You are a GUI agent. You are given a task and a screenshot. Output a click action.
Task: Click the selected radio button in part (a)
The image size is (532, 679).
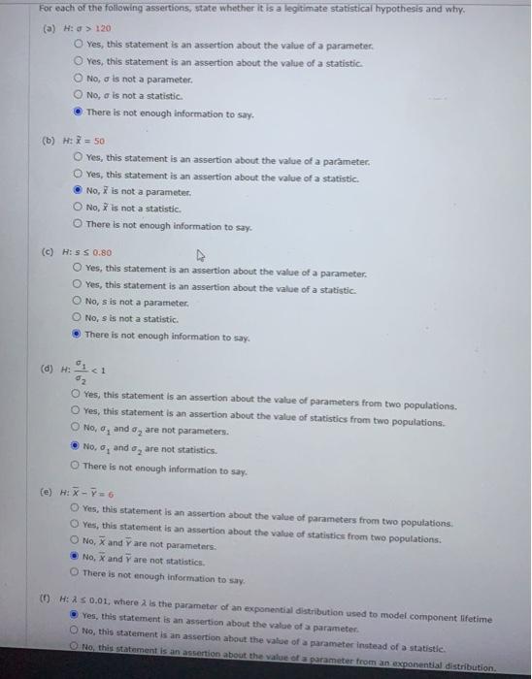[77, 112]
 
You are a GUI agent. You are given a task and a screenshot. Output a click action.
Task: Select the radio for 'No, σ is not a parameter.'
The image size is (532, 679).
[77, 79]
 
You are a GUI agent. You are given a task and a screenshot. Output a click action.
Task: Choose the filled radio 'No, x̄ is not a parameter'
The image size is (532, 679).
[77, 191]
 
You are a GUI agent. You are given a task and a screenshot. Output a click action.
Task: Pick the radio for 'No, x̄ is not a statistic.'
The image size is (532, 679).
[77, 208]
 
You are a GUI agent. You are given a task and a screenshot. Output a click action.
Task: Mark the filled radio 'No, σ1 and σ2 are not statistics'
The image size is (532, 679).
[77, 448]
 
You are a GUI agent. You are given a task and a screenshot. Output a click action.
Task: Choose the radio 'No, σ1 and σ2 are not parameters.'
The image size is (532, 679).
[77, 431]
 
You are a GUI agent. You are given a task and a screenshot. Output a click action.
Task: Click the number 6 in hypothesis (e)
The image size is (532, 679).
[113, 493]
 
